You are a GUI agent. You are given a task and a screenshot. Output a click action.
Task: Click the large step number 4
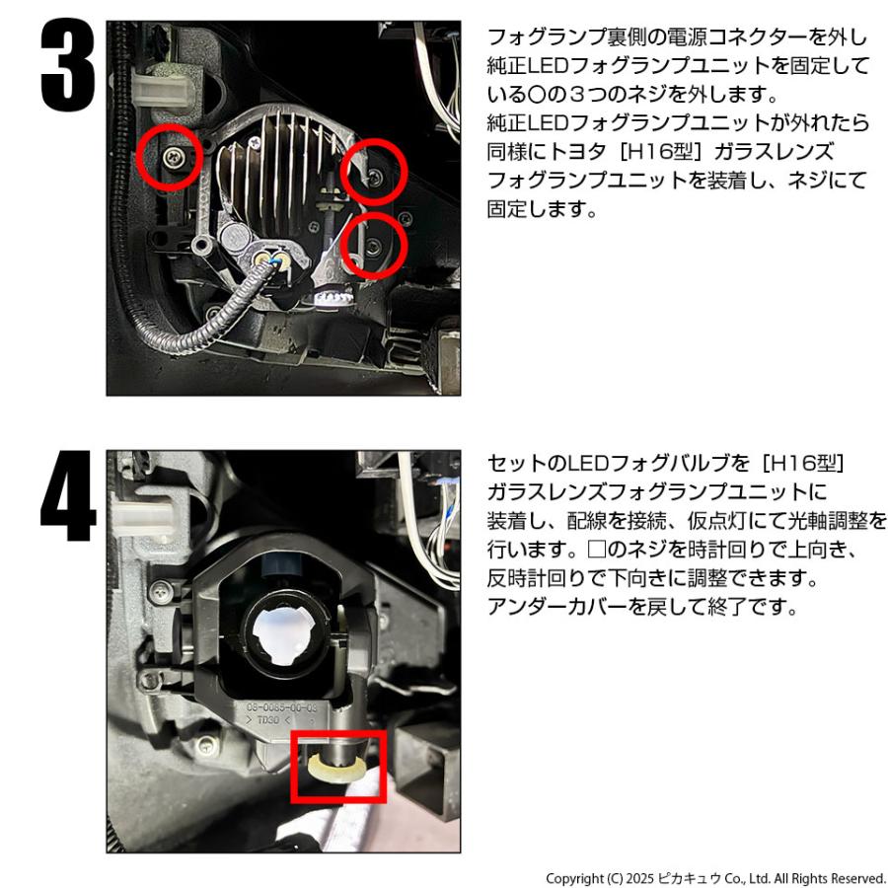coord(68,496)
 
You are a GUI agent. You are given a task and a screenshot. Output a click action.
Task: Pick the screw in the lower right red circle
coord(373,245)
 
